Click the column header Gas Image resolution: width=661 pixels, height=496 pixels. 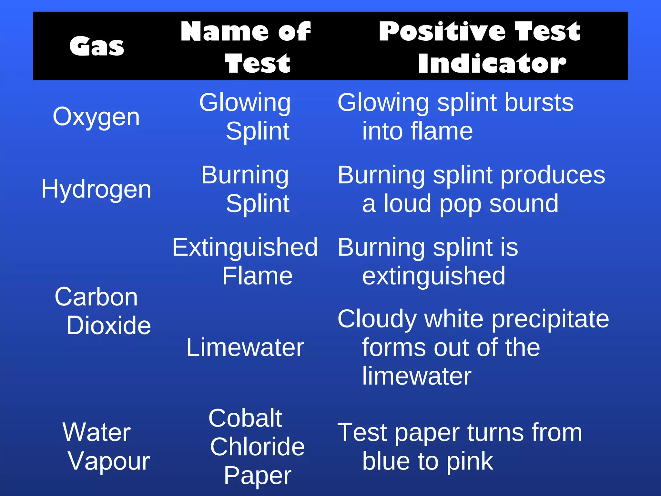97,46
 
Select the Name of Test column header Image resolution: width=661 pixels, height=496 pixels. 246,46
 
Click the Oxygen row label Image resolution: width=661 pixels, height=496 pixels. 96,117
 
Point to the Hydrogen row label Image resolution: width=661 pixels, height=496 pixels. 96,189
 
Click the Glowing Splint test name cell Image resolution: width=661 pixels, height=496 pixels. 245,117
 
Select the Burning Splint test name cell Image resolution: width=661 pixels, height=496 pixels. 245,189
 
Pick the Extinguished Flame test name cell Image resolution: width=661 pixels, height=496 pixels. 245,262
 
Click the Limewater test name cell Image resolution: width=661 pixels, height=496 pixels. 245,347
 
